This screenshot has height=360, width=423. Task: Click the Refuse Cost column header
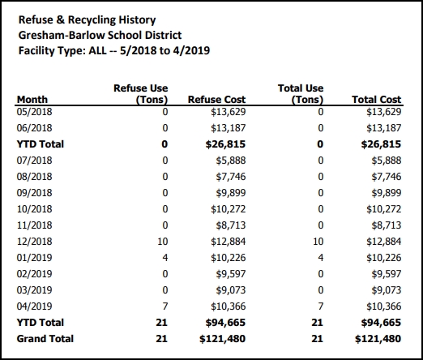point(216,100)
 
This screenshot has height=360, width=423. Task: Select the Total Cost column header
point(377,100)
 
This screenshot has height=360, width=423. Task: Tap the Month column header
point(32,100)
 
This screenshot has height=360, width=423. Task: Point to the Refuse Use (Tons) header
point(141,94)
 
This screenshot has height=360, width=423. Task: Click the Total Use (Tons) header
point(301,94)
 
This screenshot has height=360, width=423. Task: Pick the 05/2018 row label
point(34,112)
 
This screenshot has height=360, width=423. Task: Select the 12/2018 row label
point(34,242)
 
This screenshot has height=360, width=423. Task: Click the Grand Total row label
point(45,339)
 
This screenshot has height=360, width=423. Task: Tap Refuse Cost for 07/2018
point(231,161)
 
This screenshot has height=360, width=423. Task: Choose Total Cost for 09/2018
point(387,193)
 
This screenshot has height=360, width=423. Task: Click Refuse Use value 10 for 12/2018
point(163,242)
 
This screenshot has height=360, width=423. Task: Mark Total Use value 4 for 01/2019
point(321,258)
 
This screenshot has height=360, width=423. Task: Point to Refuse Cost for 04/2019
point(229,306)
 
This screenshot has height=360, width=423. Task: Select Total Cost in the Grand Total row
point(378,339)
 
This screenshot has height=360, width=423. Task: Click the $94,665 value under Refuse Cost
point(225,323)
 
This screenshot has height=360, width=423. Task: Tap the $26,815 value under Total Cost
point(381,144)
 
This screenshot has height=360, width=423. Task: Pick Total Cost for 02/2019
point(387,274)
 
